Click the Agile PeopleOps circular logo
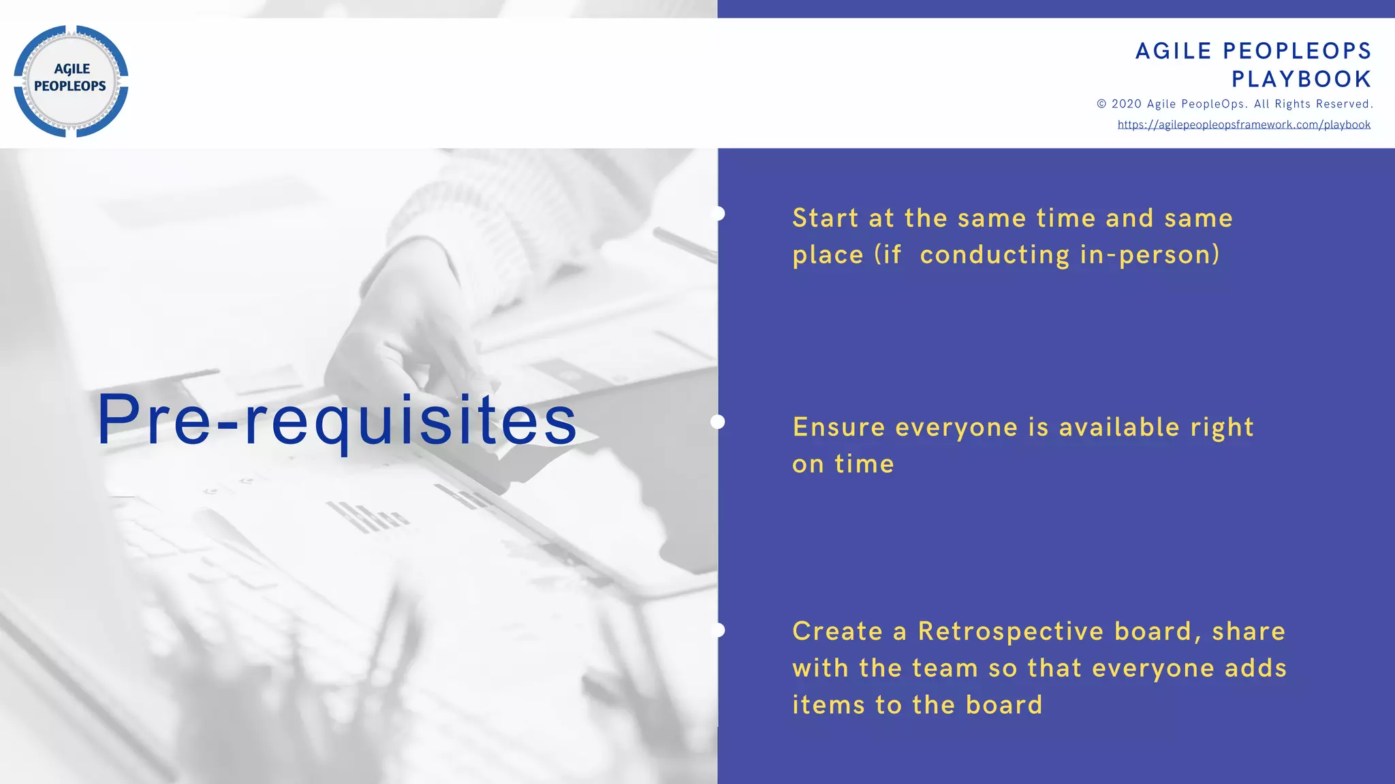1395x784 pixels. point(71,81)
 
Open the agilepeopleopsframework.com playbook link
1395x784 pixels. point(1244,125)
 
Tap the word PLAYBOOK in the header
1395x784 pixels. point(1301,79)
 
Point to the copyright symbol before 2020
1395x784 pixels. point(1101,104)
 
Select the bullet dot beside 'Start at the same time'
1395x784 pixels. point(718,214)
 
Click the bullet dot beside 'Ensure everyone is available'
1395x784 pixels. point(718,422)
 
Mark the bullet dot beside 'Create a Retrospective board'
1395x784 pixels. point(718,630)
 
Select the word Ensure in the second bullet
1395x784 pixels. point(838,427)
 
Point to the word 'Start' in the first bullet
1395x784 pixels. point(825,218)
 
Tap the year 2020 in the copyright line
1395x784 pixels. point(1126,104)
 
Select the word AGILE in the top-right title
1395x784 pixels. point(1174,51)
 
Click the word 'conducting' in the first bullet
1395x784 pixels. point(994,255)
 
